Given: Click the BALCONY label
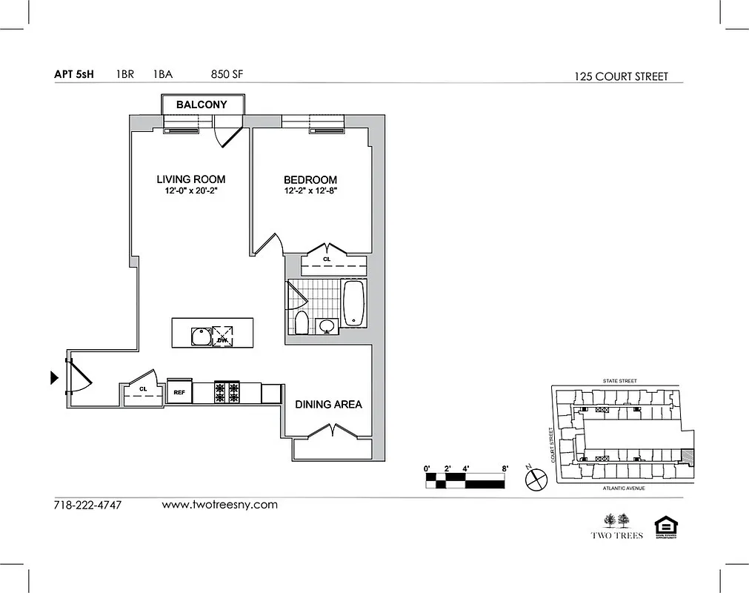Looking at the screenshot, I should pos(202,105).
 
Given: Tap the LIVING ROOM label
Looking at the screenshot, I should pos(190,179).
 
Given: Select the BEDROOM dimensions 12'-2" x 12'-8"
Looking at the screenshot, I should pos(310,191).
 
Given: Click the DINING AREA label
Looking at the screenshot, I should pos(328,404).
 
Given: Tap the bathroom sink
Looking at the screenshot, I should pos(326,325).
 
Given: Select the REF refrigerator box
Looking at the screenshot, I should pos(179,391).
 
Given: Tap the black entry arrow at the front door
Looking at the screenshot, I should pos(54,378).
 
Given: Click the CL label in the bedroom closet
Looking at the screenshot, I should pos(327,260).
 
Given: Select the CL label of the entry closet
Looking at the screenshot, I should pos(143,388).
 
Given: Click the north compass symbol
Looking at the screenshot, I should pos(535,479).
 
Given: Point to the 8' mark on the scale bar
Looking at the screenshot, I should pos(505,468).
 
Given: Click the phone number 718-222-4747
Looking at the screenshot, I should pos(87,506).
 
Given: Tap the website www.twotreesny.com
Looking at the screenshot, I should pos(219,505).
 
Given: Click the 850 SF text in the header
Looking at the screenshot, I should pos(227,74).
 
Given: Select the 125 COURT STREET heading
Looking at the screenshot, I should pos(621,76).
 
